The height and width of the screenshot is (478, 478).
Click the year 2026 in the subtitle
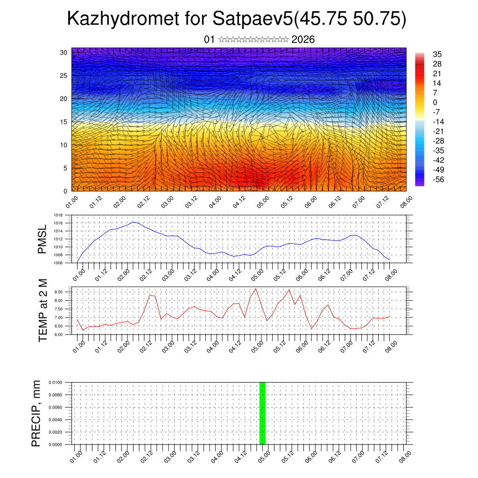303,40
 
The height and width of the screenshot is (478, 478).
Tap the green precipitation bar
262,413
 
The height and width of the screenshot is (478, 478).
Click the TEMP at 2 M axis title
42,310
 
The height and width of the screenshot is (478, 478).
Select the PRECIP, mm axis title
36,413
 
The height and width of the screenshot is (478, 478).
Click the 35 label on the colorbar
437,55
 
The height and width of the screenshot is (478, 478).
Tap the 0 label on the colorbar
435,103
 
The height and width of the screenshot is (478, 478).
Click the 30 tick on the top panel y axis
63,52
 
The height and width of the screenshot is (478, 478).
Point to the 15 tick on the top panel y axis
63,122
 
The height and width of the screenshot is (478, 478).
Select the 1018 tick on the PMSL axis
58,215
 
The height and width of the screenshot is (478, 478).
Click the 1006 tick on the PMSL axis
58,263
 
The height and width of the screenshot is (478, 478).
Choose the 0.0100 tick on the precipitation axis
56,382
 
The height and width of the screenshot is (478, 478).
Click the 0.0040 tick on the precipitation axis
56,420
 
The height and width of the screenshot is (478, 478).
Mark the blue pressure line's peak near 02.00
134,222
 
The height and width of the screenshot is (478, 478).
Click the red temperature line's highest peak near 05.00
256,288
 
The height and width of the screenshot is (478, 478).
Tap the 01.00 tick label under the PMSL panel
78,272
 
